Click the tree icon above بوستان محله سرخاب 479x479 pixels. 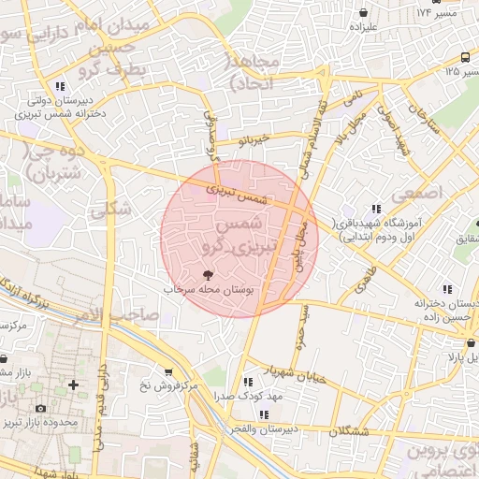[207, 275]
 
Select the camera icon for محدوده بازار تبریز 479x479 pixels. [40, 409]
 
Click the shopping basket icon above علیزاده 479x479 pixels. [362, 12]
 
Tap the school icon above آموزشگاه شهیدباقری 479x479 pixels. [375, 210]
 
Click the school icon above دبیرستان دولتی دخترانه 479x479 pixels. [60, 85]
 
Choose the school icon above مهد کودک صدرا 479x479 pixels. [248, 383]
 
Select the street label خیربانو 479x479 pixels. [254, 140]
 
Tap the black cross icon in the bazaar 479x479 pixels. [73, 385]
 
